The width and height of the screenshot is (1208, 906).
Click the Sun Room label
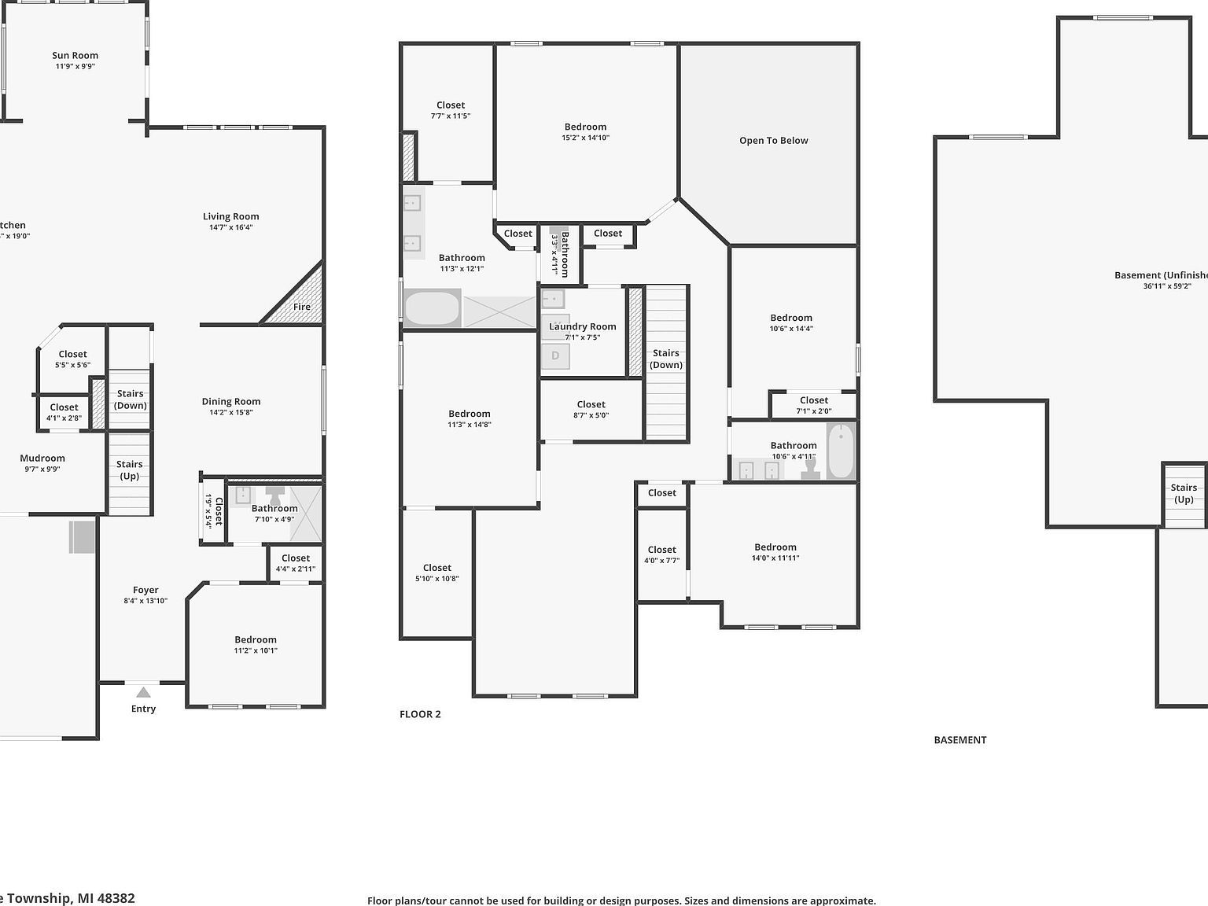coord(75,56)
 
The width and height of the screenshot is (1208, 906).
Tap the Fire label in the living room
coord(302,307)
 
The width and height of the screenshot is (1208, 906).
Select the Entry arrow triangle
coord(143,693)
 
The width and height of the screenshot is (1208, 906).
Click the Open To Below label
coord(774,141)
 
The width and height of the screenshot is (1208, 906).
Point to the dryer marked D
coord(555,356)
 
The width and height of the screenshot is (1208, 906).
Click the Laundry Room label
coord(583,326)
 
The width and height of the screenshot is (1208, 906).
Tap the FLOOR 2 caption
coord(420,714)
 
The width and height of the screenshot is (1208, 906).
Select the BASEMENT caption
coord(960,740)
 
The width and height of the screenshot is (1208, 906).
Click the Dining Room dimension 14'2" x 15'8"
coord(231,412)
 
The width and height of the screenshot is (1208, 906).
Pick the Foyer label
coord(145,590)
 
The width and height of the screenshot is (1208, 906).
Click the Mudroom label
coord(42,459)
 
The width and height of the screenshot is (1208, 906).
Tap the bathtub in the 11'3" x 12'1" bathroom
coord(432,308)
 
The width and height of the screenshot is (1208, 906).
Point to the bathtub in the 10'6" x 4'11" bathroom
coord(840,451)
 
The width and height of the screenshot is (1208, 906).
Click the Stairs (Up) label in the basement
coord(1184,493)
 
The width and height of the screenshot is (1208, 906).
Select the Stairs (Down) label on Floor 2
coord(666,359)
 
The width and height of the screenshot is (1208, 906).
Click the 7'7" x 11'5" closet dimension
coord(451,116)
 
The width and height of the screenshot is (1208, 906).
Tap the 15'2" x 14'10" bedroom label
coord(585,127)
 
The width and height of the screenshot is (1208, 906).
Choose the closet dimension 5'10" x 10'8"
coord(437,579)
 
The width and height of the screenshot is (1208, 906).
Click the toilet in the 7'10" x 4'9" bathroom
coord(275,495)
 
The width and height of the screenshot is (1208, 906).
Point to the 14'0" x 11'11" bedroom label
coord(775,547)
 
